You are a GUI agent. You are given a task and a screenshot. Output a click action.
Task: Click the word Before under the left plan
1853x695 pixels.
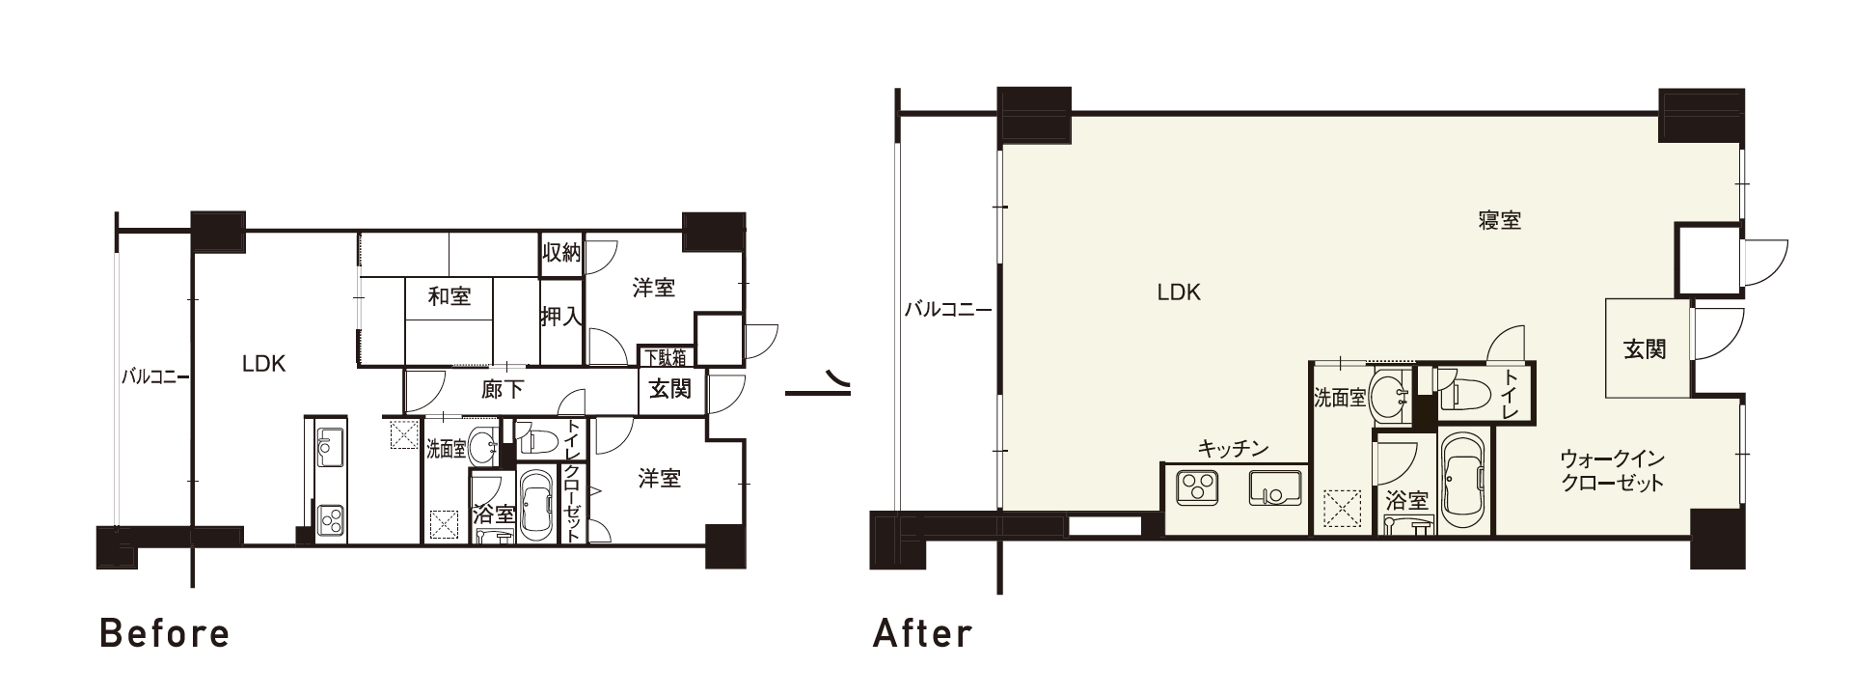(166, 634)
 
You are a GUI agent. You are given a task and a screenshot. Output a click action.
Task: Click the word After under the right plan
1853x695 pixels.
(923, 634)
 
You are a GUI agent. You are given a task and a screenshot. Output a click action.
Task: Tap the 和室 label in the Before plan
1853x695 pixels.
(449, 296)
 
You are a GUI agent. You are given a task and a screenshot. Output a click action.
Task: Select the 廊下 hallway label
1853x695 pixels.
(503, 390)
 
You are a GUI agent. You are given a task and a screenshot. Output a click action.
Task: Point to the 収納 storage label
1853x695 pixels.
(560, 254)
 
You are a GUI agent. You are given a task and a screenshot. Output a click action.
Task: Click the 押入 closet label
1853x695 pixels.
(560, 316)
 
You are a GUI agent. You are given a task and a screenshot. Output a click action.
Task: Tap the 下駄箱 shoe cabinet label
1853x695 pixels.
(666, 357)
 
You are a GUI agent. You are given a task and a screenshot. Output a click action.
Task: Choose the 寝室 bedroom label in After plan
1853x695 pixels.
(1500, 220)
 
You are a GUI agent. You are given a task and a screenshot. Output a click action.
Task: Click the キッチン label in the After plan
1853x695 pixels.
(1233, 449)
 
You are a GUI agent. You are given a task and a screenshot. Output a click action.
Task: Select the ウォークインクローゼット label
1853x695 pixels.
(1612, 470)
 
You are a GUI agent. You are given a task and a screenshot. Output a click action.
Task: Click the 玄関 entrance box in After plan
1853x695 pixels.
(1647, 348)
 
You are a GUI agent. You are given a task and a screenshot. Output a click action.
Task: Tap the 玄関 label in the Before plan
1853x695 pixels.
(669, 389)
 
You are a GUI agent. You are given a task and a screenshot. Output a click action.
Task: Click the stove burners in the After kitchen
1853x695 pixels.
(1197, 487)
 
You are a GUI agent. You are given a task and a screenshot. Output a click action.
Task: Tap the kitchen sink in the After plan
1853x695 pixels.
(1275, 488)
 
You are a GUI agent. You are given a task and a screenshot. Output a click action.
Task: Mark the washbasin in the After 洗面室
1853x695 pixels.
(1389, 395)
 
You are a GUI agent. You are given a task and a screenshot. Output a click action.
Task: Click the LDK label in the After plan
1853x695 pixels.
(1179, 292)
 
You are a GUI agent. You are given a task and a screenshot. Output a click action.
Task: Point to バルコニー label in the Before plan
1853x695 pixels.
(154, 376)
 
